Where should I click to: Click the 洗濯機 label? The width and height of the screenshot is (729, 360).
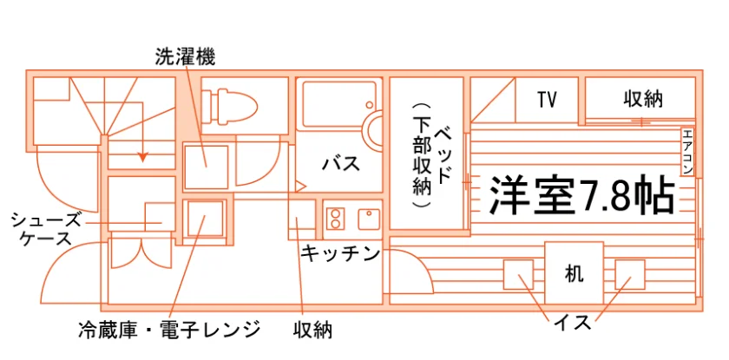[185, 57]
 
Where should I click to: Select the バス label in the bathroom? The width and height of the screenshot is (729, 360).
[342, 163]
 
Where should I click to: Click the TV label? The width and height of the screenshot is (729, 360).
[548, 100]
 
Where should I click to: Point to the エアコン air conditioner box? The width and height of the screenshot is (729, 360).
[687, 152]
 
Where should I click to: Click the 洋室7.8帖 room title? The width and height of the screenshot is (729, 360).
[581, 195]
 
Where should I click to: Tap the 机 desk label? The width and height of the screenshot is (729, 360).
[574, 273]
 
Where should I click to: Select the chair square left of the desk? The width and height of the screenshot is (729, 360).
[518, 274]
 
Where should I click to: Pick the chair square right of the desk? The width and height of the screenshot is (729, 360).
[630, 274]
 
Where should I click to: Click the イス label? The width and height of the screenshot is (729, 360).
[572, 322]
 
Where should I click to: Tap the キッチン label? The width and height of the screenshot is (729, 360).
[340, 252]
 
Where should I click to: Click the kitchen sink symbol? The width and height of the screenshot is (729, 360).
[369, 219]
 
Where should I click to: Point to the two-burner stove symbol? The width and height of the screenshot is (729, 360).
[335, 219]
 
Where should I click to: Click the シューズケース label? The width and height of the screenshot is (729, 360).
[44, 229]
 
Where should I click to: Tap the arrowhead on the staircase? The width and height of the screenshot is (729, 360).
[142, 157]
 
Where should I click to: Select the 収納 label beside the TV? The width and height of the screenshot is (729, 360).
[643, 99]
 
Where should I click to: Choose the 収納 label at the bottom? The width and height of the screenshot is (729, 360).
[312, 330]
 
